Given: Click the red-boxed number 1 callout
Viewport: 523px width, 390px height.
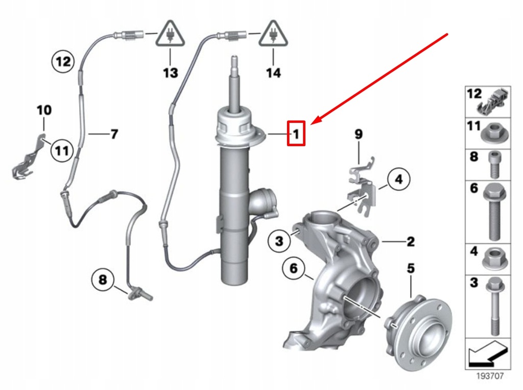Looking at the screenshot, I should click(296, 134).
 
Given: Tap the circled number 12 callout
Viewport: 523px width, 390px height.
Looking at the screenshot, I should click(63, 62).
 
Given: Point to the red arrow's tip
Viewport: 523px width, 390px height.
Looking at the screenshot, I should click(311, 123).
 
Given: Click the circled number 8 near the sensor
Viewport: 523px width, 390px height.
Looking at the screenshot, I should click(103, 280).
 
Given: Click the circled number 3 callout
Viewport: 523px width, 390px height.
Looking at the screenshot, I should click(279, 241).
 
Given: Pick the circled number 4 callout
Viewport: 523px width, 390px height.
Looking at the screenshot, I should click(398, 179).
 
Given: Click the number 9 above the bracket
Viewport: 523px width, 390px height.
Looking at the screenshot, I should click(359, 134).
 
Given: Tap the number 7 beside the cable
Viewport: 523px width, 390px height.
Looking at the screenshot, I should click(114, 134).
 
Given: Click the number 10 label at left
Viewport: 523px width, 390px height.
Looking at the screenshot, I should click(44, 110).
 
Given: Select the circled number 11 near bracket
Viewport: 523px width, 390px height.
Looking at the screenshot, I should click(62, 151).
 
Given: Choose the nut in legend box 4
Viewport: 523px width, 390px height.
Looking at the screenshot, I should click(494, 259).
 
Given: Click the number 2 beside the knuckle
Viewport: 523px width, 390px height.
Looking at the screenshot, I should click(411, 241).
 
